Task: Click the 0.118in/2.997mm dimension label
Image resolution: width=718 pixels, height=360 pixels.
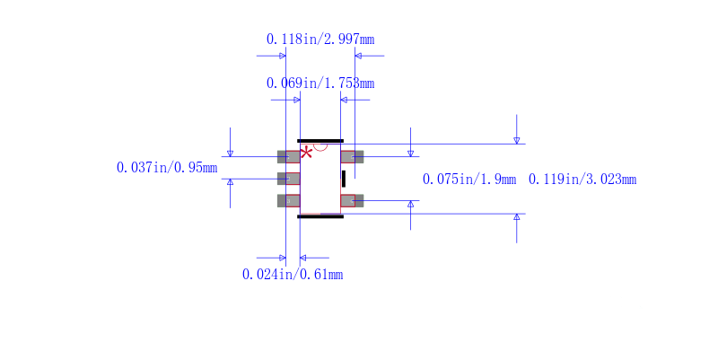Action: (320, 40)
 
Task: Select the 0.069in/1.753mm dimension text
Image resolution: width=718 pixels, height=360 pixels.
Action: (320, 83)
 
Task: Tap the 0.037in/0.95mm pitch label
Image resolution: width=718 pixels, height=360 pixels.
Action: (167, 168)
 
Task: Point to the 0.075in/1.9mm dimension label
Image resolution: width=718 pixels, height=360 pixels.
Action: (469, 180)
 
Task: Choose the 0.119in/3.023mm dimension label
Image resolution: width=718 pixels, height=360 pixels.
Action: (582, 180)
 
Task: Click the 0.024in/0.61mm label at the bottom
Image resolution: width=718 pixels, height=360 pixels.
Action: (293, 275)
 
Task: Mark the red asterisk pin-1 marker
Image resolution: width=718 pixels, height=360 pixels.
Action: (307, 152)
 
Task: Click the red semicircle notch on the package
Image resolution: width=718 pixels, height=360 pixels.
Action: (320, 146)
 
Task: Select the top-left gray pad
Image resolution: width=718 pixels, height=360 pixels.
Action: (288, 156)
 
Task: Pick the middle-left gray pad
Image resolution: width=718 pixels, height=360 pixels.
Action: (288, 179)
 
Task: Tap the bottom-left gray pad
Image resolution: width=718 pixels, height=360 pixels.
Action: (288, 200)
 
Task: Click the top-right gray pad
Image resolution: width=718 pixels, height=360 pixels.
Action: (353, 156)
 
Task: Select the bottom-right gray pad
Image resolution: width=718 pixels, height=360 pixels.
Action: (353, 200)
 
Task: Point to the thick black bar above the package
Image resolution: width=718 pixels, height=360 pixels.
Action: (320, 141)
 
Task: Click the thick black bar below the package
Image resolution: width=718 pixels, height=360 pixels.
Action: (320, 216)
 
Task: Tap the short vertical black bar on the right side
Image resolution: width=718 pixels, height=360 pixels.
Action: (343, 179)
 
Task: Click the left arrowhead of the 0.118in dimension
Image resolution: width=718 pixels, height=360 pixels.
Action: (282, 56)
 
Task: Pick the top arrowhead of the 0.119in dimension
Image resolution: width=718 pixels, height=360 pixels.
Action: (516, 140)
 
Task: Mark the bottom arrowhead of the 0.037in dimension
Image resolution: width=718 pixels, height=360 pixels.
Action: (230, 182)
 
